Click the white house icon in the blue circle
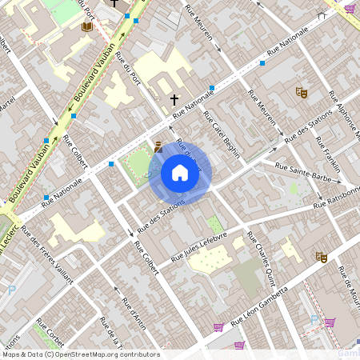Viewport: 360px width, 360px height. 180,173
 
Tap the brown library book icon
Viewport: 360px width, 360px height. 86,27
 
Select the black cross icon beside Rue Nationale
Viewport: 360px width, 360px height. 174,100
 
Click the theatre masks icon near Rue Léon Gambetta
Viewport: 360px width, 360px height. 322,257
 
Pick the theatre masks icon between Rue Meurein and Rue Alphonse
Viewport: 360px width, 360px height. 302,92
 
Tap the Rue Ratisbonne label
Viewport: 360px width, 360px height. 337,197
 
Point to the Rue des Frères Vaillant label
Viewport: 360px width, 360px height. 47,255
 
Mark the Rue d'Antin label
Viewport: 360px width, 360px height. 134,313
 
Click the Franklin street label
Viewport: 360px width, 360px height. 326,149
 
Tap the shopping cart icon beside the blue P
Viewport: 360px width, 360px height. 330,322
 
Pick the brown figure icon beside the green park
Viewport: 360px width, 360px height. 158,146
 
